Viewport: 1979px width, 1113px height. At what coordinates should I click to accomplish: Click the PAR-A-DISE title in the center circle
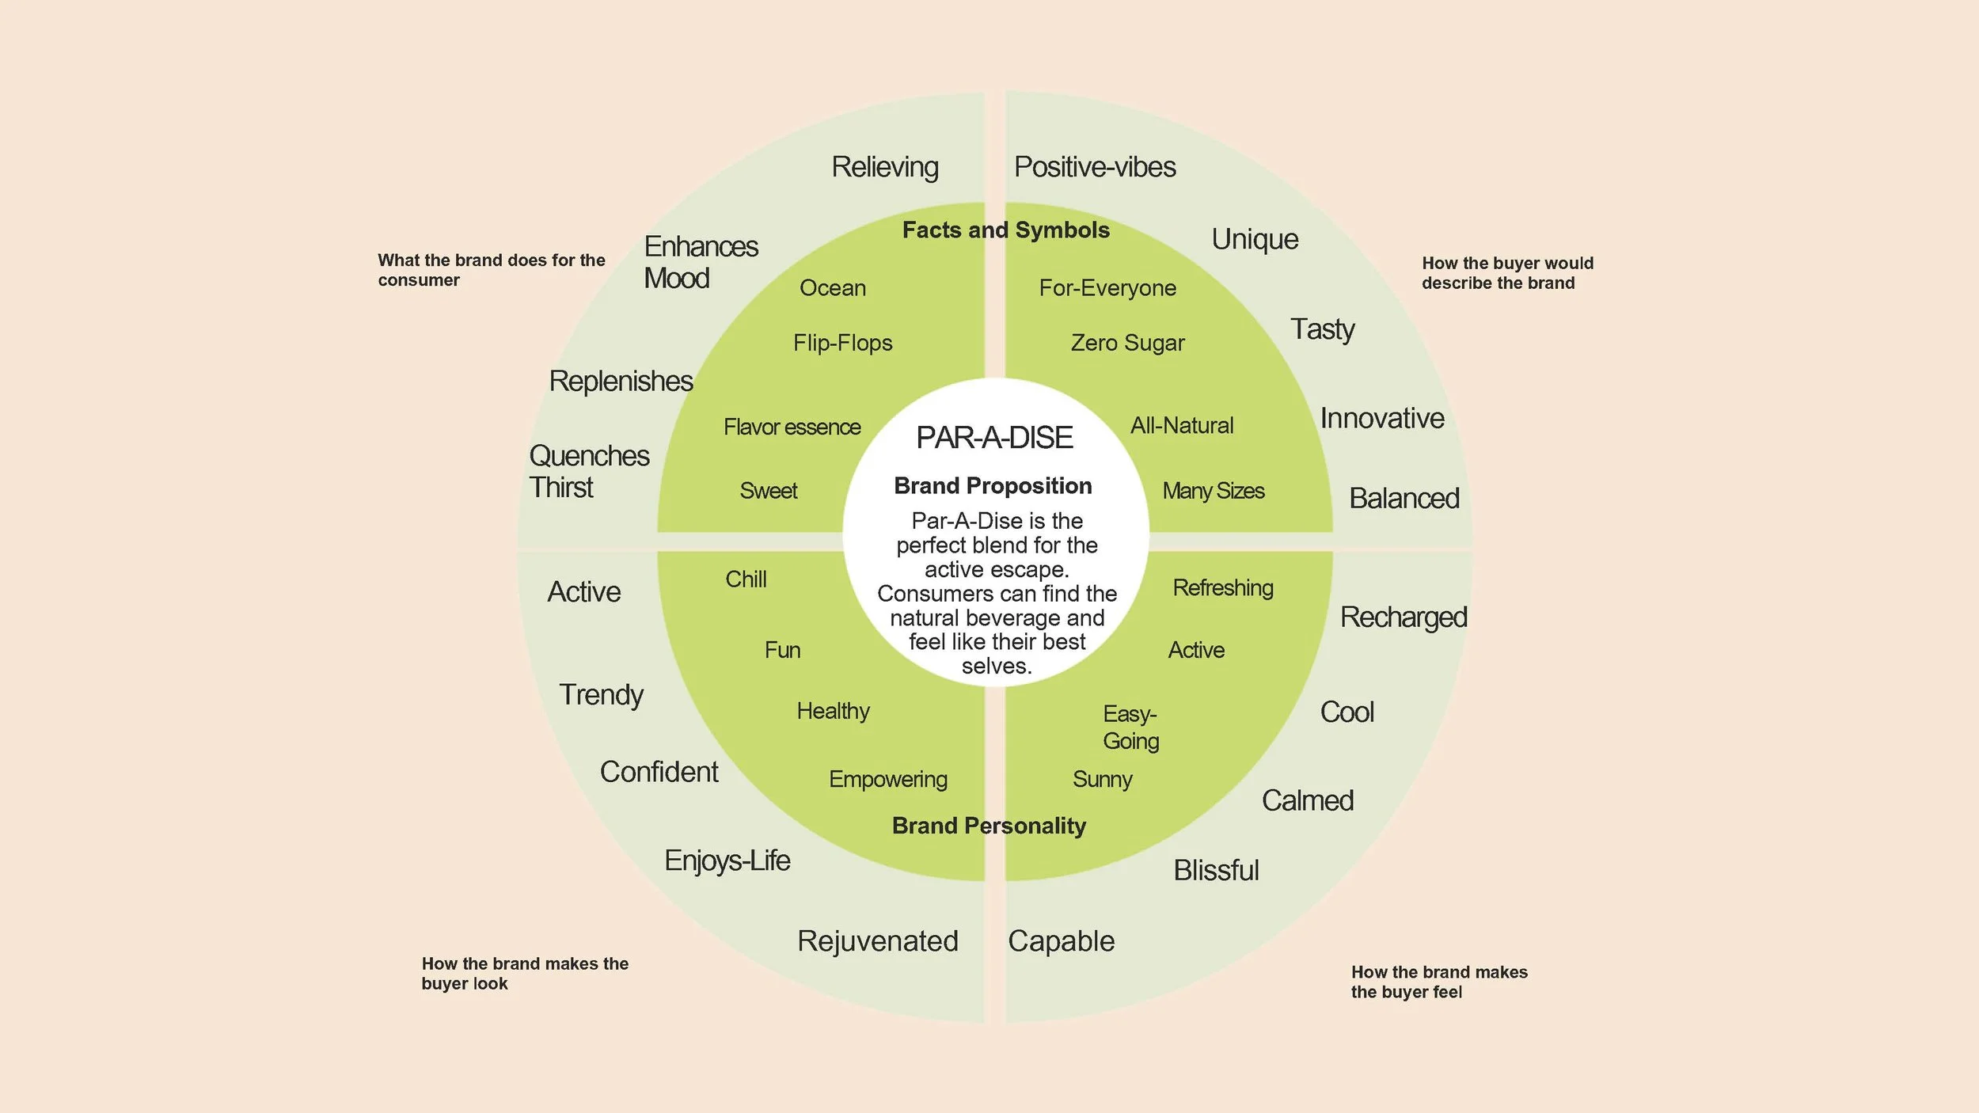994,438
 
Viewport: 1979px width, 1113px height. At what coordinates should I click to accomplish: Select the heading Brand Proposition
993,485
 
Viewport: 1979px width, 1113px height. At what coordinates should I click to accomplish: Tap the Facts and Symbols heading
1005,230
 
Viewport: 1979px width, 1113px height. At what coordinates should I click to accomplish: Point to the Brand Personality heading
989,826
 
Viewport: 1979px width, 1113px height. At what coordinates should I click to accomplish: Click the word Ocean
832,288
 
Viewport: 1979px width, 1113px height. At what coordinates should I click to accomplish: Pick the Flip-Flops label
842,343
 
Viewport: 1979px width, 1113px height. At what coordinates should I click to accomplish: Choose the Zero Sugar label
1127,343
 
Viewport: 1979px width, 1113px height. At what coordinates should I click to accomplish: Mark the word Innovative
1381,418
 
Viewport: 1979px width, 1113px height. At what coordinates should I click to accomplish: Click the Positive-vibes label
1095,167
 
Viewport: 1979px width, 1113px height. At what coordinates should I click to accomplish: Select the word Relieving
884,167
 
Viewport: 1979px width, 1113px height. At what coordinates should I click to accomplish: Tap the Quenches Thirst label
588,471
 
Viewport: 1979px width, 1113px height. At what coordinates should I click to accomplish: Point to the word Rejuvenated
877,941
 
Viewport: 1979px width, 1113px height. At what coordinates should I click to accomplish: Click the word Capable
1061,941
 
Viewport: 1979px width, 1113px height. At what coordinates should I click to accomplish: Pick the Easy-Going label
1130,727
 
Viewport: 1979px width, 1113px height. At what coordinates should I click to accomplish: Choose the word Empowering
887,779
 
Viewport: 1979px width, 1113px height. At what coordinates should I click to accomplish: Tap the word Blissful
1216,870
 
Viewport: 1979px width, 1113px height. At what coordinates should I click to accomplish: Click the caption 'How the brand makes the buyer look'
524,974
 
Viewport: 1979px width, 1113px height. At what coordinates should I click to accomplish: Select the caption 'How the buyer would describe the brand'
1507,273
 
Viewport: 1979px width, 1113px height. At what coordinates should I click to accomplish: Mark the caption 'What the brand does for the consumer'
491,270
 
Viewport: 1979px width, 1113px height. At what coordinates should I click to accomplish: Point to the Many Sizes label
1213,491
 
